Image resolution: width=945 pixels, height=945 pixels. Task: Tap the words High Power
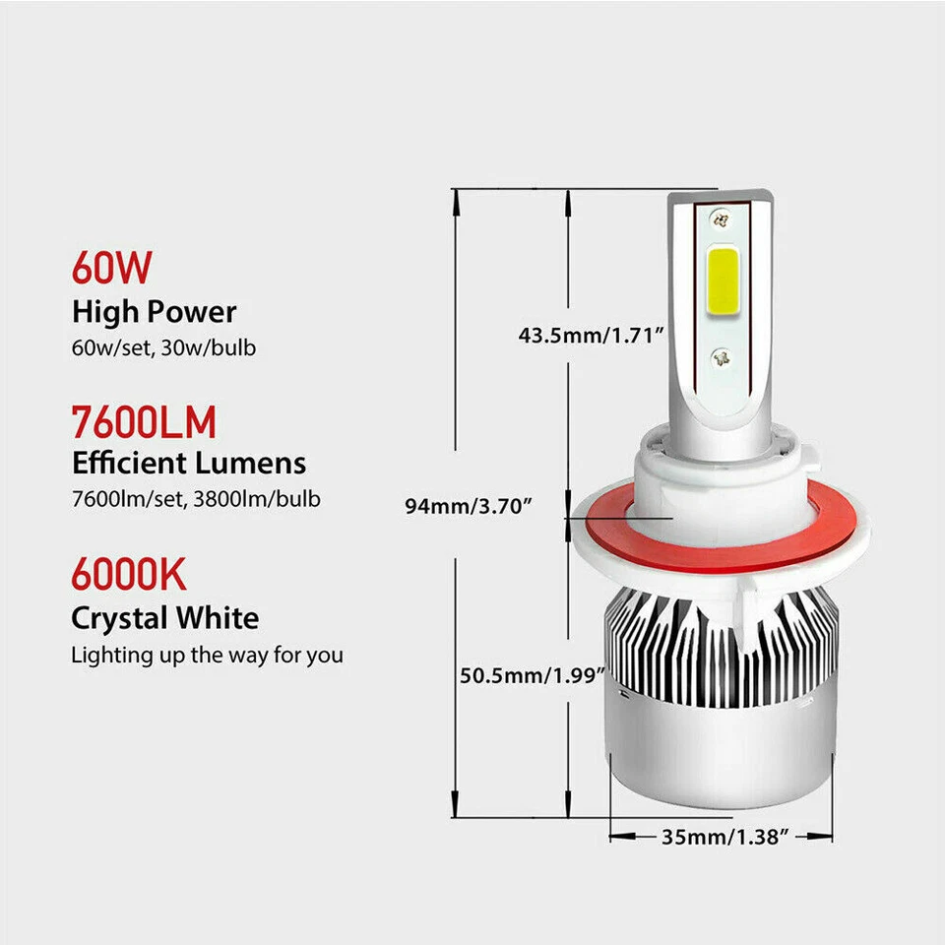(155, 312)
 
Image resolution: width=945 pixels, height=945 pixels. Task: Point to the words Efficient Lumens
(189, 463)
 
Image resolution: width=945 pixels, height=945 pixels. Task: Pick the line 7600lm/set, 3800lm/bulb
(195, 499)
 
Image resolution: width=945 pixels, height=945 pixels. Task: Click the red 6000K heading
(129, 575)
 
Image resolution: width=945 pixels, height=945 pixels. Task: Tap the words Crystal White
(165, 618)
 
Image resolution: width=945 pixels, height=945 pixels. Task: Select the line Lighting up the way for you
(207, 655)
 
